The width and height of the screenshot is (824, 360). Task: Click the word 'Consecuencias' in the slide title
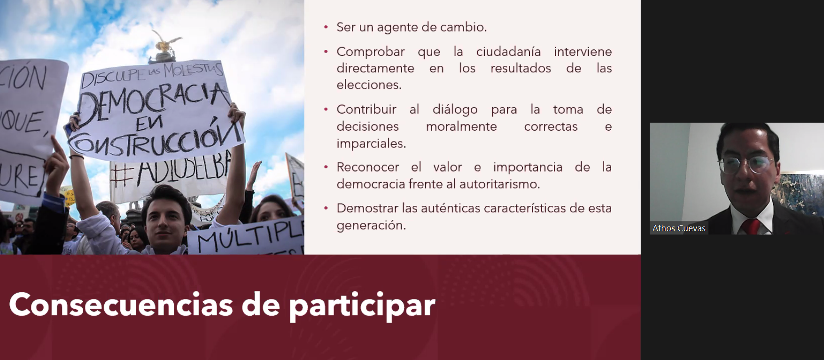coord(121,305)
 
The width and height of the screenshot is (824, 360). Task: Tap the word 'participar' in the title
coord(362,305)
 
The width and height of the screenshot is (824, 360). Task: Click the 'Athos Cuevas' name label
coord(678,228)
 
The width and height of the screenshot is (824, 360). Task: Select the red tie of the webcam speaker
coord(750,227)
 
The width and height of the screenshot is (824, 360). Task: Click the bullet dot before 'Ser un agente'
coord(326,27)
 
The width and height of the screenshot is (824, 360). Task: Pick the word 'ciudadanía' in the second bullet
coord(508,52)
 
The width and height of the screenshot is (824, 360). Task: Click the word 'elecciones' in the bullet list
coord(368,85)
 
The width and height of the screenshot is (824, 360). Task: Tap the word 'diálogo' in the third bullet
coord(455,110)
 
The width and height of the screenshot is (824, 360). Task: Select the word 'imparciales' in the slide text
coord(370,143)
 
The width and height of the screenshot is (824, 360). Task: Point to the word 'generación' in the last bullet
coord(370,226)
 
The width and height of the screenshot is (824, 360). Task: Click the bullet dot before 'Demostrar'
coord(326,208)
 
